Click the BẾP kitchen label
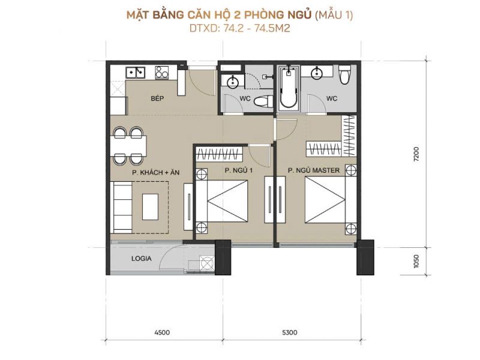click(157, 98)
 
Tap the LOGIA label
click(142, 259)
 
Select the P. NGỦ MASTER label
click(314, 170)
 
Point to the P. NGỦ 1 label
click(239, 170)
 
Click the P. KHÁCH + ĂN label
click(156, 172)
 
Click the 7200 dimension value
click(416, 154)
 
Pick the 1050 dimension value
click(416, 261)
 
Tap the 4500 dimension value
click(162, 332)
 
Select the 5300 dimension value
click(289, 332)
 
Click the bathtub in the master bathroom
click(289, 87)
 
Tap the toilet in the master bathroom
click(344, 74)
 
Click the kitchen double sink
click(136, 72)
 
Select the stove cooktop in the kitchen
click(161, 73)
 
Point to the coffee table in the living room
click(151, 206)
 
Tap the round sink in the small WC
click(233, 82)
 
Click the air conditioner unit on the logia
click(206, 262)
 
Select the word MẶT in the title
click(138, 15)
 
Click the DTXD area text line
click(239, 28)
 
